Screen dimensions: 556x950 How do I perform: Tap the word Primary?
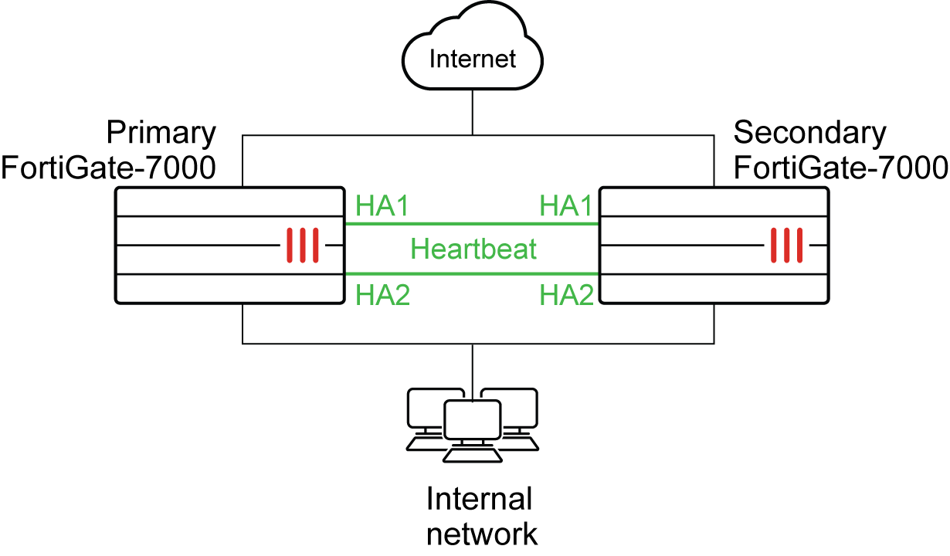pos(161,133)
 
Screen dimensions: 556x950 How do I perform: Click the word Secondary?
pos(809,133)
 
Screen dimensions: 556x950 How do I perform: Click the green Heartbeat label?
pos(473,249)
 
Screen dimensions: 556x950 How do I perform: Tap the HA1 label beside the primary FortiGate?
pos(382,206)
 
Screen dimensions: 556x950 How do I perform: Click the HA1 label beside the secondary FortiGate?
pos(566,206)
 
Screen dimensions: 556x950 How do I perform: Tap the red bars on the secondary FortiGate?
pos(785,245)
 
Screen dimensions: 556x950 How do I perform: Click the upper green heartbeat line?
pos(471,224)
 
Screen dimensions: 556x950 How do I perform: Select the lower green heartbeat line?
pos(471,273)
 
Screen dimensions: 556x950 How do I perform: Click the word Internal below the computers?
pos(479,500)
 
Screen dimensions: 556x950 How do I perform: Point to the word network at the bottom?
pos(481,534)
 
